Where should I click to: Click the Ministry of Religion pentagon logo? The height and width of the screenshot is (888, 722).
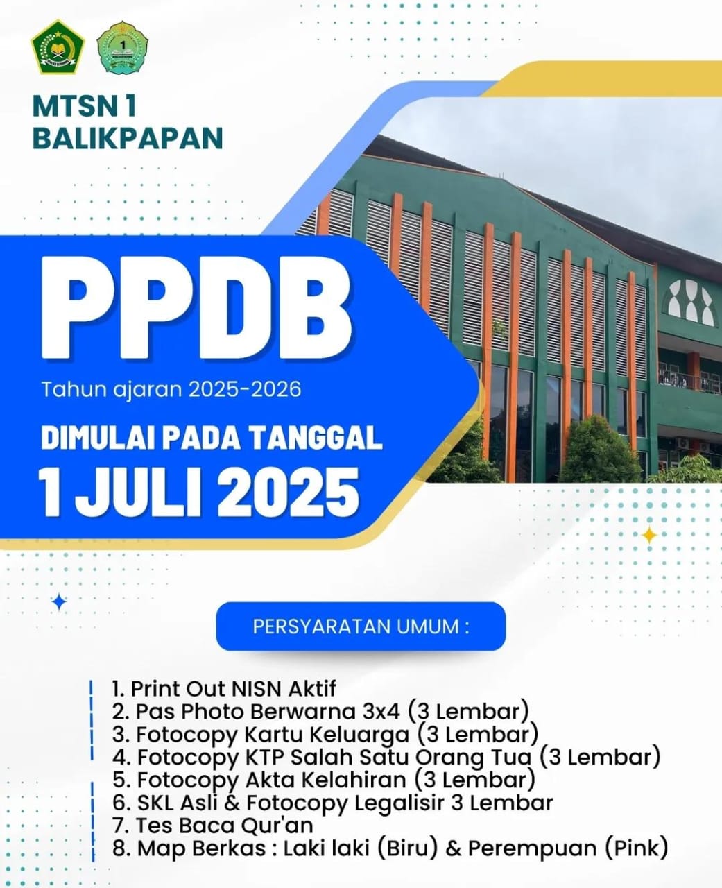click(x=58, y=47)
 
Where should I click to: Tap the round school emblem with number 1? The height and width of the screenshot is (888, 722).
click(x=122, y=48)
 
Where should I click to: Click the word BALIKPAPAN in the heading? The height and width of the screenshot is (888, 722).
click(x=128, y=138)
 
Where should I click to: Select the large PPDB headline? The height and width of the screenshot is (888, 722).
click(x=196, y=307)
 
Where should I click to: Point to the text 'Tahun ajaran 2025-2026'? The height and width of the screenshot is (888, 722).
click(x=171, y=389)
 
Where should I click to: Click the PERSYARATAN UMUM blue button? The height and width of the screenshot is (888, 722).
click(x=361, y=626)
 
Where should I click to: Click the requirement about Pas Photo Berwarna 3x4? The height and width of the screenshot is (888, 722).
click(x=320, y=711)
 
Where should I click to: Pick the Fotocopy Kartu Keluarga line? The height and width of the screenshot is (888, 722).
click(x=325, y=734)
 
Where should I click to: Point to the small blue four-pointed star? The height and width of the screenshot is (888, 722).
click(x=59, y=602)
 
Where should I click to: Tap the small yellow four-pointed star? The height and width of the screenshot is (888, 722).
click(x=649, y=535)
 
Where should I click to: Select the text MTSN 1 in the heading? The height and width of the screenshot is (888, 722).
click(x=85, y=106)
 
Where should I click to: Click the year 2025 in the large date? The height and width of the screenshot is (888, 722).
click(x=289, y=493)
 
